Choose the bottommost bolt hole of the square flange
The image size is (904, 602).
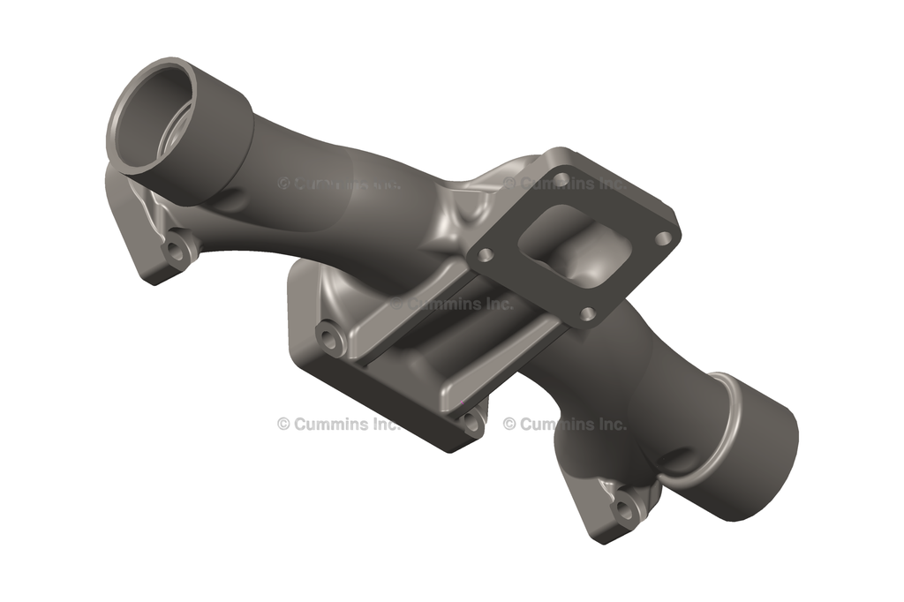pos(586,314)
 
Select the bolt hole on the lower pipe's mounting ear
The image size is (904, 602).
pos(623,508)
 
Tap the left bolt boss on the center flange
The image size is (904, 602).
pos(331,339)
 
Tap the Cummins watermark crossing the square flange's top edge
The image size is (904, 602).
pos(565,184)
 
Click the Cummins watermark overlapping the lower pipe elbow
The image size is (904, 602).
pos(565,424)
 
